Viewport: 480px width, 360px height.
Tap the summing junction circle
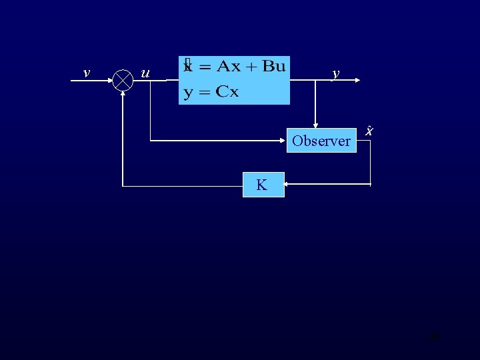click(123, 80)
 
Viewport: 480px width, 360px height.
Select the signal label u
click(145, 73)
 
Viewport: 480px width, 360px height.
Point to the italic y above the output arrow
click(336, 73)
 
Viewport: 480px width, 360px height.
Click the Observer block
click(321, 141)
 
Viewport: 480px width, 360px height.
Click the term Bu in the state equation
click(274, 65)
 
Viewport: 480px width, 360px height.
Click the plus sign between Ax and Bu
click(251, 66)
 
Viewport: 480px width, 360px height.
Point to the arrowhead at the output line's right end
click(358, 80)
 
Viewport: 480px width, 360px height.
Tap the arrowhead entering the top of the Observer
click(317, 124)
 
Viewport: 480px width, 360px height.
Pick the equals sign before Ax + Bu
click(204, 67)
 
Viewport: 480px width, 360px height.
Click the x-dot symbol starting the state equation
click(188, 65)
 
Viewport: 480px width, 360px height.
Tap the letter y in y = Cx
click(189, 93)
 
